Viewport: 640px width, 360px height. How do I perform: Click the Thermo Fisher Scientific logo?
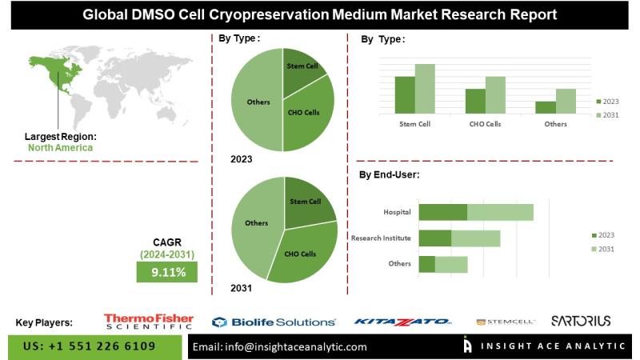pos(148,322)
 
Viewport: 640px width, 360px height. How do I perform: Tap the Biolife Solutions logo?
pos(274,322)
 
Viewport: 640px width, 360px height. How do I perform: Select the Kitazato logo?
pos(402,322)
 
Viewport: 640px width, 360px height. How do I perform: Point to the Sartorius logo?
pos(581,321)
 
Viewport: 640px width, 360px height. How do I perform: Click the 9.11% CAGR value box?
pos(169,273)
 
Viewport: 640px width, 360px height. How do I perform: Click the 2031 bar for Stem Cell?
pos(425,88)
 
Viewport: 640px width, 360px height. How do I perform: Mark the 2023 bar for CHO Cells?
pos(475,100)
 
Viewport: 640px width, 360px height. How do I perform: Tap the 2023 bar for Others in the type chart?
pos(546,106)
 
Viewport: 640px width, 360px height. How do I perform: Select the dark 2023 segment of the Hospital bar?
pos(442,212)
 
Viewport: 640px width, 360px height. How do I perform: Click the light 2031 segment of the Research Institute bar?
pos(476,238)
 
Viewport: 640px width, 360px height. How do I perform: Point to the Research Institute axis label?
pos(381,238)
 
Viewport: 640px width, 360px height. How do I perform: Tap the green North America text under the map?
pos(60,147)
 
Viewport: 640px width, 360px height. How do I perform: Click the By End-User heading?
pos(389,174)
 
